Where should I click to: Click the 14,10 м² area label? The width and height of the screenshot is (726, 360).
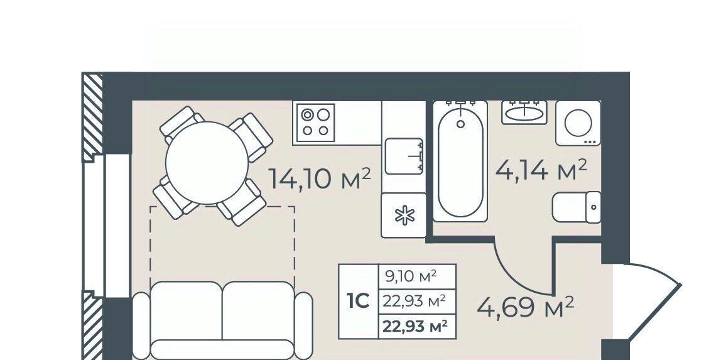[x=320, y=178]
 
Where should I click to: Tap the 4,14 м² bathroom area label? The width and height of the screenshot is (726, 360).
[x=541, y=170]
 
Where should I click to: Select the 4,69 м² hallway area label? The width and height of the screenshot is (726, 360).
[x=526, y=307]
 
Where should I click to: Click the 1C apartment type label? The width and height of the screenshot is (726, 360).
[x=358, y=301]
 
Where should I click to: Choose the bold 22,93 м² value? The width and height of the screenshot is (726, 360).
[x=415, y=326]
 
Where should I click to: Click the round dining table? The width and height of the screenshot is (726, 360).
[x=207, y=163]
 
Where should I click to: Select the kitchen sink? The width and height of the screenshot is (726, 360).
[x=404, y=156]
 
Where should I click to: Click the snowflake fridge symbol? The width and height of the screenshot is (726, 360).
[x=404, y=215]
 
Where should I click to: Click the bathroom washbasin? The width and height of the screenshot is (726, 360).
[x=524, y=112]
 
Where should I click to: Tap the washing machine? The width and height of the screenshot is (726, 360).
[x=578, y=123]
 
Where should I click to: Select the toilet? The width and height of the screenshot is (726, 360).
[x=577, y=207]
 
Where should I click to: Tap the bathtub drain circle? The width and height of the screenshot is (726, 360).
[x=460, y=124]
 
